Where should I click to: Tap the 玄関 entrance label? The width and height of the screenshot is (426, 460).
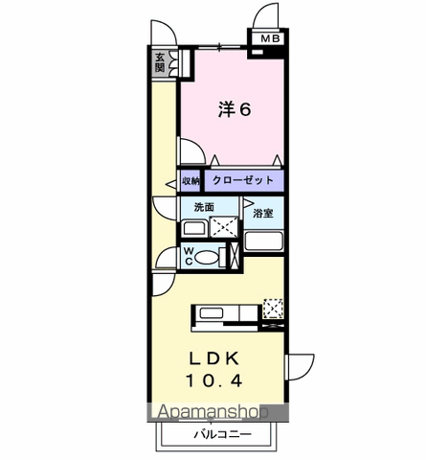(x=160, y=62)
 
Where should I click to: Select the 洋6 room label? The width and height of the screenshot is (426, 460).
(x=234, y=110)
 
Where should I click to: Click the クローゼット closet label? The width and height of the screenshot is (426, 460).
(x=244, y=180)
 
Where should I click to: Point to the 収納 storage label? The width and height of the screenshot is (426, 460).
(x=191, y=180)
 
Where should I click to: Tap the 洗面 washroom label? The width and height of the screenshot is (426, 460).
(x=205, y=207)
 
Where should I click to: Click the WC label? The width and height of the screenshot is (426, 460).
(x=190, y=257)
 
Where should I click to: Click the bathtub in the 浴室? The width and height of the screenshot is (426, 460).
(x=263, y=240)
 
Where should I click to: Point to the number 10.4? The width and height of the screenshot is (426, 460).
(x=216, y=380)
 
